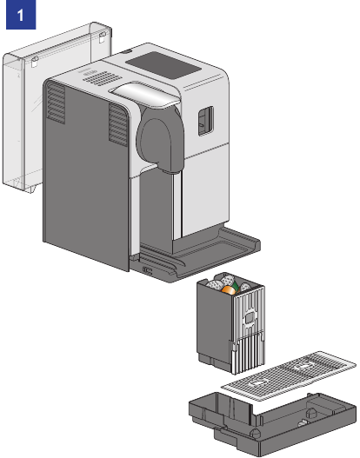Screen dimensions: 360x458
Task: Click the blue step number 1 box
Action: click(21, 15)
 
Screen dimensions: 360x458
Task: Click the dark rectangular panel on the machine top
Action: click(163, 65)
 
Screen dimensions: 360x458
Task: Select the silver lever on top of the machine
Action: click(143, 94)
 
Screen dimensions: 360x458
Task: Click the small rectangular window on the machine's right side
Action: click(206, 121)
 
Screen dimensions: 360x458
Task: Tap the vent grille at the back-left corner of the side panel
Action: click(56, 103)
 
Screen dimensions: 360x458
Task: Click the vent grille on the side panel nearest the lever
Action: click(118, 125)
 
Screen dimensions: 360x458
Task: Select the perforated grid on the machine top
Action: click(103, 77)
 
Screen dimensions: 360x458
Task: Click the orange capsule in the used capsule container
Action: click(229, 290)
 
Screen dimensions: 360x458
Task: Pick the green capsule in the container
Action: click(236, 287)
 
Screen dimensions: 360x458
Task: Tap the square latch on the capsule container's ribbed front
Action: click(250, 318)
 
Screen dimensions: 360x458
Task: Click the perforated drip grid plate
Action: click(289, 376)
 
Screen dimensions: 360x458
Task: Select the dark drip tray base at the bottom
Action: click(272, 422)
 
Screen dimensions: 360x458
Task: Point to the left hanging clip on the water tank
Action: click(35, 62)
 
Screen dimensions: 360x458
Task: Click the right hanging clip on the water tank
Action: click(102, 37)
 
